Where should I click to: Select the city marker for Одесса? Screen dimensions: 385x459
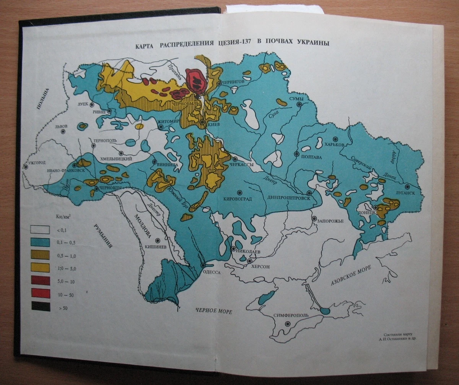click(x=203, y=265)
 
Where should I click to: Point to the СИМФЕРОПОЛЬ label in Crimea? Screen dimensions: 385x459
click(x=291, y=316)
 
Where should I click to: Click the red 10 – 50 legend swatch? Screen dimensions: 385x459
click(x=40, y=293)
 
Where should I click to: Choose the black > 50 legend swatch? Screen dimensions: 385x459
click(x=40, y=306)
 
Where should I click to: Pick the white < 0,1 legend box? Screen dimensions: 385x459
click(x=40, y=229)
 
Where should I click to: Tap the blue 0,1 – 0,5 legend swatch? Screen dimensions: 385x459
click(x=40, y=242)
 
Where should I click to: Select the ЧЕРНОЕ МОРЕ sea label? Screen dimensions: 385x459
click(x=213, y=311)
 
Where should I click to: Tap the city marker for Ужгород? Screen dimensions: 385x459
click(x=26, y=167)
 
